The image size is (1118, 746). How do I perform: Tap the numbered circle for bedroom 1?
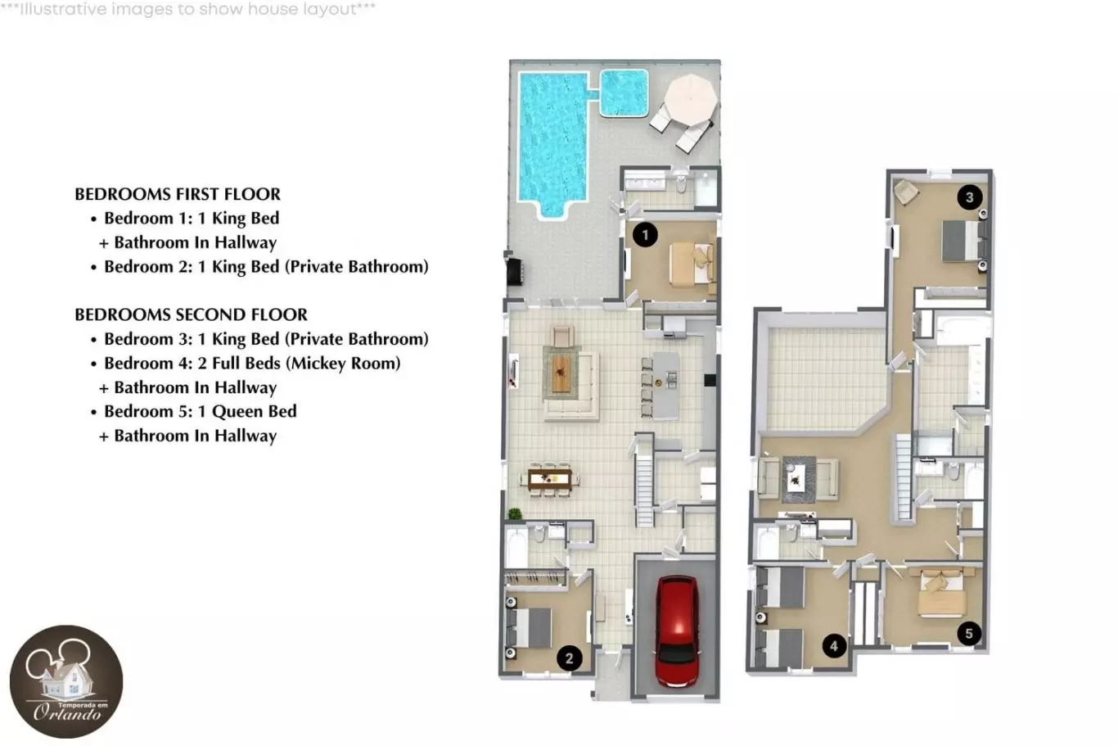(645, 235)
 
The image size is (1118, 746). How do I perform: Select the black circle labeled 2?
(569, 658)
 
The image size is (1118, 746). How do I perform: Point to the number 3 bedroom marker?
(969, 197)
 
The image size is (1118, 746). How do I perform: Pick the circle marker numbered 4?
(834, 645)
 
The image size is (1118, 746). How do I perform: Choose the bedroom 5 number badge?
(969, 633)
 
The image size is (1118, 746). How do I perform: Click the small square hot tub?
(624, 93)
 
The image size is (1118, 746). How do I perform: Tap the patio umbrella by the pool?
(692, 100)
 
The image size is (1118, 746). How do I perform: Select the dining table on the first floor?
(549, 479)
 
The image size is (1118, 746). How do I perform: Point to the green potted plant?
(515, 513)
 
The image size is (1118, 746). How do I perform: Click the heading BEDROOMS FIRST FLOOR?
(178, 194)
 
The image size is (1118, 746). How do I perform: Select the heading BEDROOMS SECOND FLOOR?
(192, 314)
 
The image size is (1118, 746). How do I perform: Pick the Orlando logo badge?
(66, 681)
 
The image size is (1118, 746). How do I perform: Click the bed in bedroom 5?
(941, 595)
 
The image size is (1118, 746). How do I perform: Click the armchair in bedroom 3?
(906, 192)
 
